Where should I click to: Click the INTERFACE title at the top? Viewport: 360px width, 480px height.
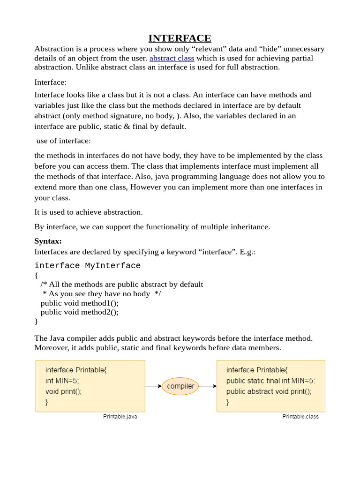click(180, 38)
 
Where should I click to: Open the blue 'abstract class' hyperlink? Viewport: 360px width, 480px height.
click(172, 58)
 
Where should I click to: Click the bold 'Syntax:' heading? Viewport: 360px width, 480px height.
click(48, 241)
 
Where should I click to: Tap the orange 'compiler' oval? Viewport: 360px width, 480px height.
click(180, 386)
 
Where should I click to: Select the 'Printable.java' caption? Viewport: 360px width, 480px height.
click(120, 417)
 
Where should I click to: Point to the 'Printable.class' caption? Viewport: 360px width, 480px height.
click(300, 417)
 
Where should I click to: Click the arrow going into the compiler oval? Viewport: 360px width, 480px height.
click(153, 386)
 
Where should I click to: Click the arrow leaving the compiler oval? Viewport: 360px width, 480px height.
click(208, 386)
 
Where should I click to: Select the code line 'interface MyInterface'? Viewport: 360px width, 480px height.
click(87, 266)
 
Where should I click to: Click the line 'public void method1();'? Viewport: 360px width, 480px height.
click(79, 303)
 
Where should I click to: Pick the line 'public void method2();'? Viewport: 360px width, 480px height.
click(79, 312)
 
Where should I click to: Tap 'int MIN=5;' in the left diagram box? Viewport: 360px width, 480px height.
click(62, 381)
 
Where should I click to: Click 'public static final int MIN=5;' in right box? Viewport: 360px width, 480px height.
click(270, 381)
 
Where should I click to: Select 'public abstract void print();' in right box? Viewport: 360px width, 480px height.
click(269, 391)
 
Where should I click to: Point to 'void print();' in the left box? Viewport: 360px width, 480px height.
click(63, 391)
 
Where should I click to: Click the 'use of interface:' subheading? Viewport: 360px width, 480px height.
click(63, 141)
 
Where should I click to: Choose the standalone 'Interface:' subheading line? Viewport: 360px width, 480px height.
click(50, 82)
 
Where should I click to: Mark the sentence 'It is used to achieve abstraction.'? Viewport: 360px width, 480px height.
click(88, 212)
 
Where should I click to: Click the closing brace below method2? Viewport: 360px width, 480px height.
click(36, 321)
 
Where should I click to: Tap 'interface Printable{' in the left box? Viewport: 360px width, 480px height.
click(76, 370)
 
